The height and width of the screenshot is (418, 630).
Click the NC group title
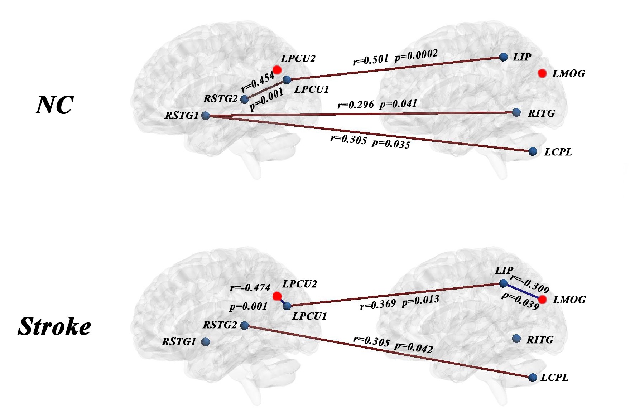point(54,105)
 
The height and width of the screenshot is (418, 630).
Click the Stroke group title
point(54,326)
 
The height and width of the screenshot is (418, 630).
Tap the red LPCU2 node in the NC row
point(277,69)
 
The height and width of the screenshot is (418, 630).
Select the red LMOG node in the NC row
point(542,73)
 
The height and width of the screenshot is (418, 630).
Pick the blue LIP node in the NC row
point(503,57)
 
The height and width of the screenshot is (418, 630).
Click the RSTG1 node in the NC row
point(206,116)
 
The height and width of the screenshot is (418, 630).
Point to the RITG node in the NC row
point(516,113)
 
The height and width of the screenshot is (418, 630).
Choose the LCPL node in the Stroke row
point(533,378)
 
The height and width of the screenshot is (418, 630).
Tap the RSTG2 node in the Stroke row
point(245,325)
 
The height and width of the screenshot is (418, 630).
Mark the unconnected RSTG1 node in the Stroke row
point(205,342)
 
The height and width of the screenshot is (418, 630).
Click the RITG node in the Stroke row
point(516,339)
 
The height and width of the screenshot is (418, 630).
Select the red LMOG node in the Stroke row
point(542,300)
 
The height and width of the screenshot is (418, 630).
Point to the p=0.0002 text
point(416,55)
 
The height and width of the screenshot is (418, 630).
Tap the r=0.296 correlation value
point(355,105)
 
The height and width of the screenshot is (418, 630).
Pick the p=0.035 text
point(391,144)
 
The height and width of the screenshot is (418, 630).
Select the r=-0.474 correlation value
point(250,287)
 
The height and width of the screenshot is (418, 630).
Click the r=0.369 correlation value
point(378,305)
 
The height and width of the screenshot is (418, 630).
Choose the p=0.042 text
point(413,347)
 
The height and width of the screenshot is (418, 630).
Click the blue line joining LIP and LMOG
point(523,291)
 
